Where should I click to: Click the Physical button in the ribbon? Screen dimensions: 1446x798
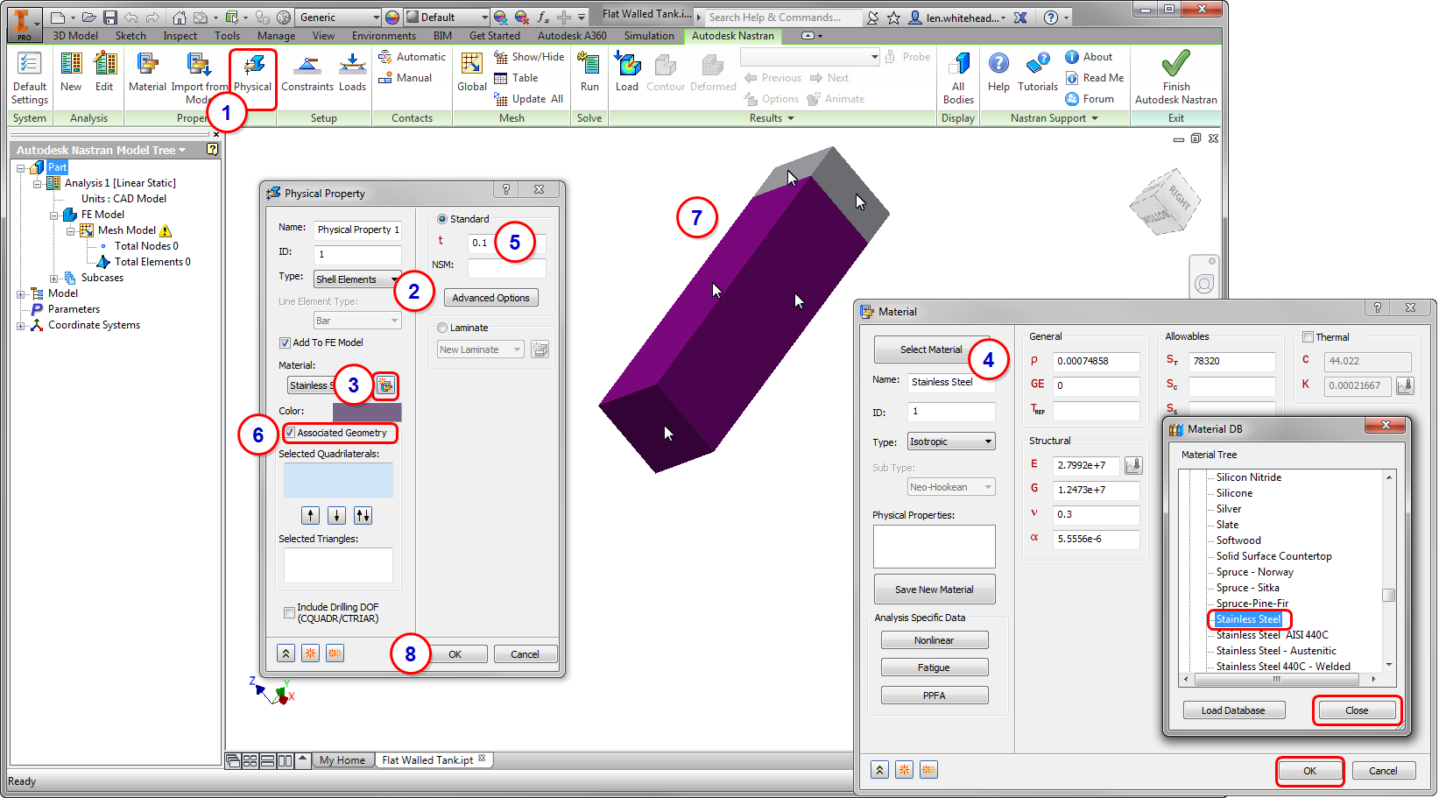[x=252, y=73]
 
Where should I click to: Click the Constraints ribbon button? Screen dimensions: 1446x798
[x=307, y=73]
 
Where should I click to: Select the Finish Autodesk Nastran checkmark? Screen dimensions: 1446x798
[x=1175, y=63]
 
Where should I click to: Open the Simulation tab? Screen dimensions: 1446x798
[x=649, y=36]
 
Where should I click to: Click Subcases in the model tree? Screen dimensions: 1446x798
[x=102, y=278]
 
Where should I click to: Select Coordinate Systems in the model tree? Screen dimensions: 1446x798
[x=94, y=325]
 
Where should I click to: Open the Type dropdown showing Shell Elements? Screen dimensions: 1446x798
[x=357, y=279]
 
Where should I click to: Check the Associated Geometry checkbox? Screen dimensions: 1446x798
[x=290, y=433]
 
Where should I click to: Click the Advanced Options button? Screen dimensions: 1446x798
[x=490, y=298]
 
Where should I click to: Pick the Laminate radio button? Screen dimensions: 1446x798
[x=442, y=328]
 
